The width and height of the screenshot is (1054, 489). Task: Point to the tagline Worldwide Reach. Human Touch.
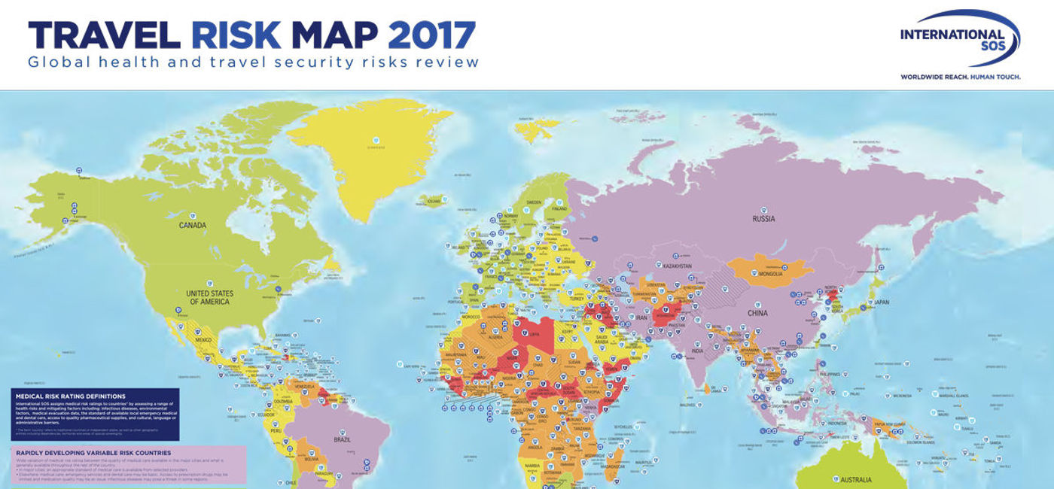(961, 77)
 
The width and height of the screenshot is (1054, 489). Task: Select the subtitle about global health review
(253, 62)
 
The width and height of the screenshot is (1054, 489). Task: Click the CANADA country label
(193, 225)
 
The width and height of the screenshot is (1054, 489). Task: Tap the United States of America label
(211, 297)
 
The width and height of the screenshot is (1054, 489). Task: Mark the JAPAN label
(882, 304)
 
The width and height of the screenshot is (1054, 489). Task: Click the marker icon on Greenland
(376, 139)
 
